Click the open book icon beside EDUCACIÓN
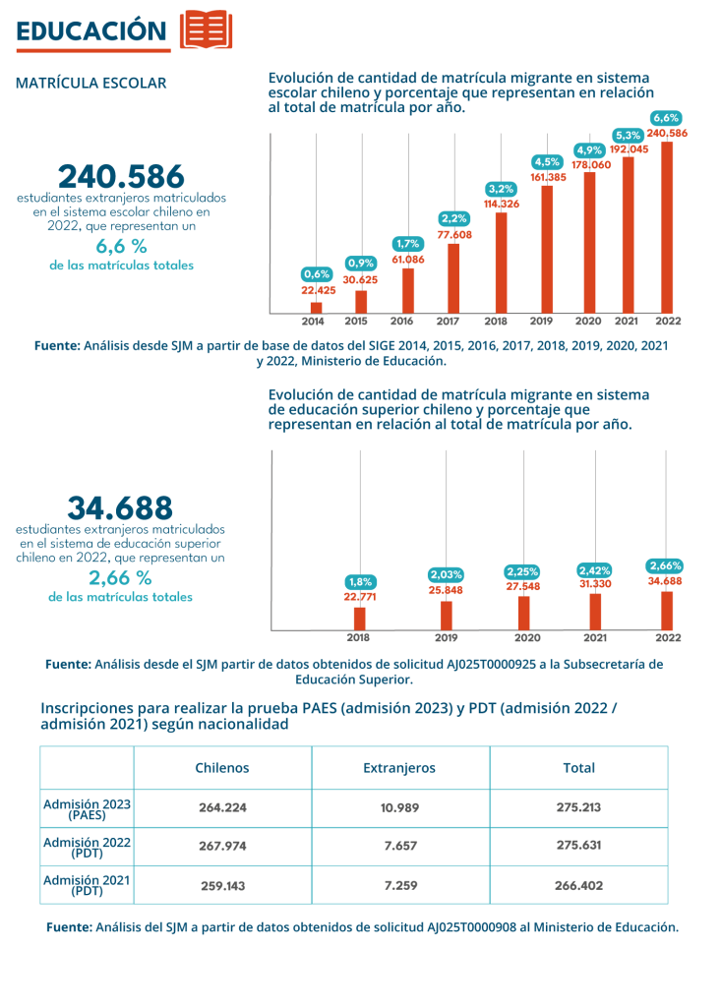[206, 30]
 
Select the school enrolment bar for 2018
[502, 263]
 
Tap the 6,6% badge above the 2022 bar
[666, 118]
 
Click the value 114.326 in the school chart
[502, 205]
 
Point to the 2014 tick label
[313, 322]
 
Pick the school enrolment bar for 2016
[408, 291]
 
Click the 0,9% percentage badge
[360, 264]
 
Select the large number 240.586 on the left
[121, 176]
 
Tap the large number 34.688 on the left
[120, 508]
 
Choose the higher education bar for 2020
[523, 614]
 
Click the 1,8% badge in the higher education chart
[360, 582]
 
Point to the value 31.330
[595, 584]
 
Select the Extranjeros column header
[399, 768]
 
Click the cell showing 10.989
[399, 808]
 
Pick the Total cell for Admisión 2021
[579, 886]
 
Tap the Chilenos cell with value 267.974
[222, 847]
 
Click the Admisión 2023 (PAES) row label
[87, 809]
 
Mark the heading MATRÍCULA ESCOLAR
[91, 83]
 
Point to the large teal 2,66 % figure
[120, 578]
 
